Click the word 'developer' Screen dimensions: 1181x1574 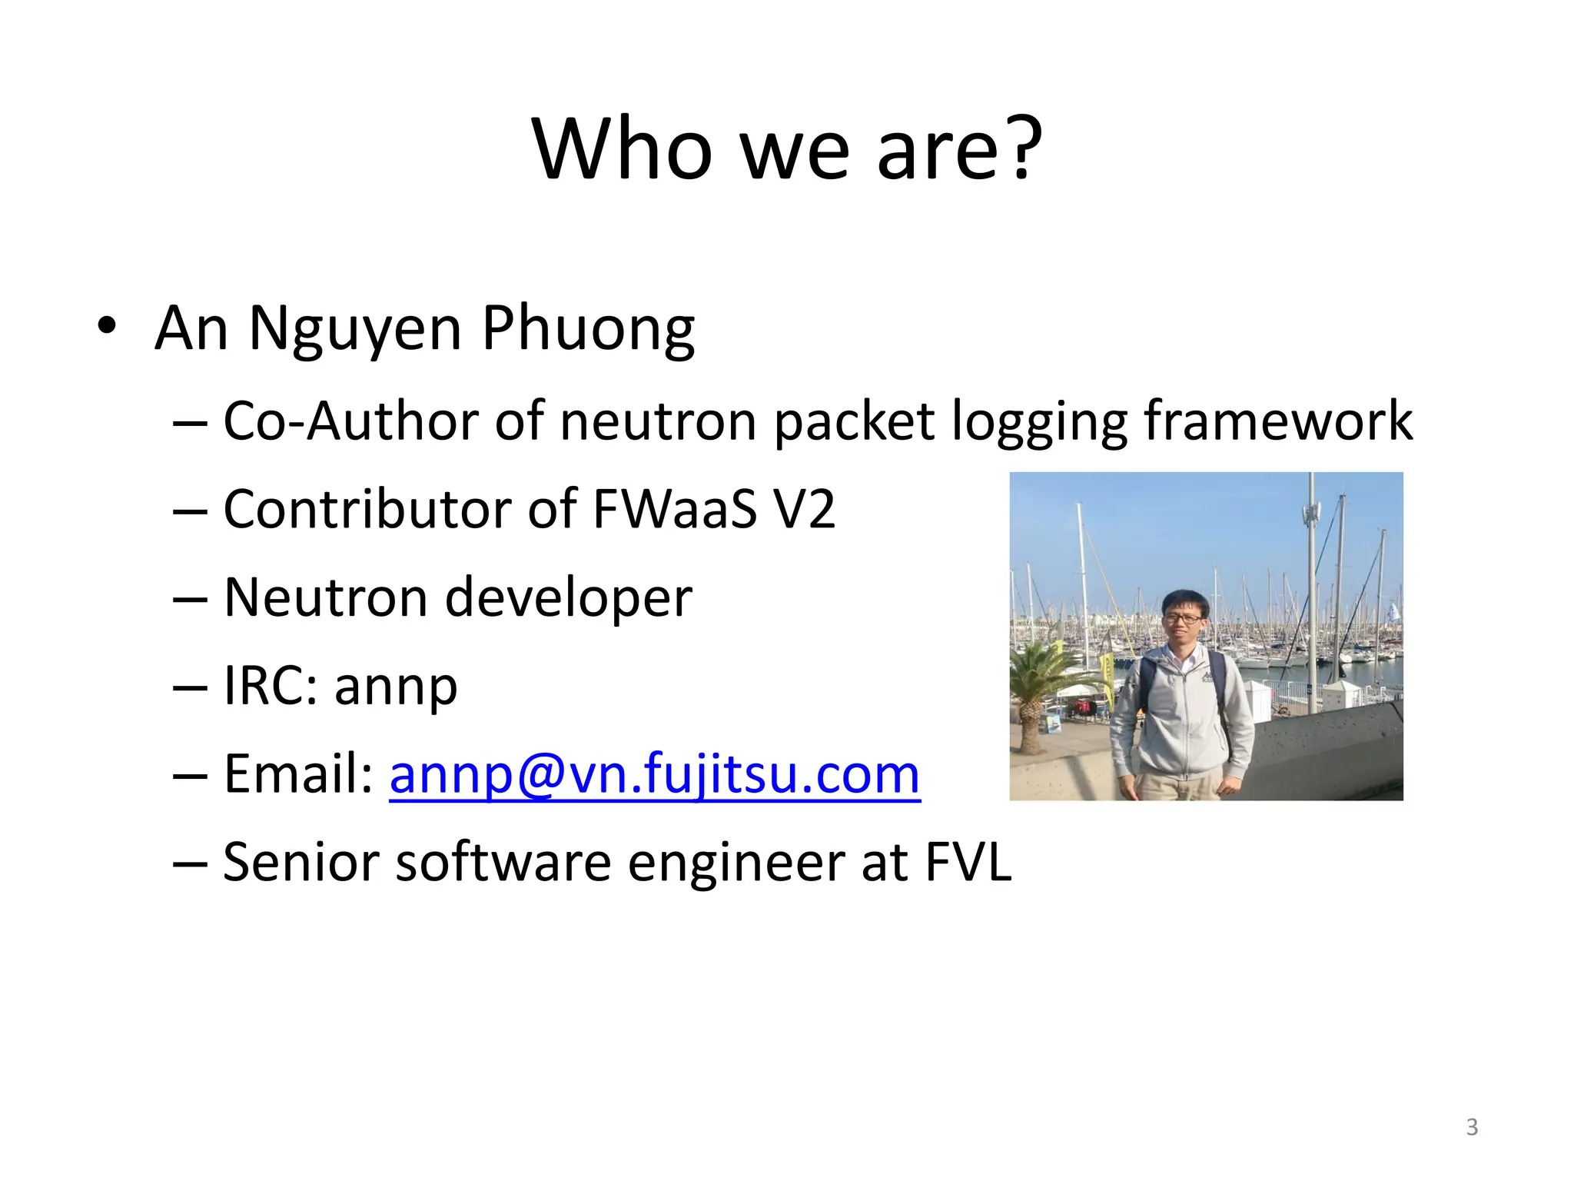[569, 598]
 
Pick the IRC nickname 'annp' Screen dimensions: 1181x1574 [396, 687]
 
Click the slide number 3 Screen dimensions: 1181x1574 [1472, 1127]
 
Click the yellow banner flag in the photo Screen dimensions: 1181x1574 [1107, 680]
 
